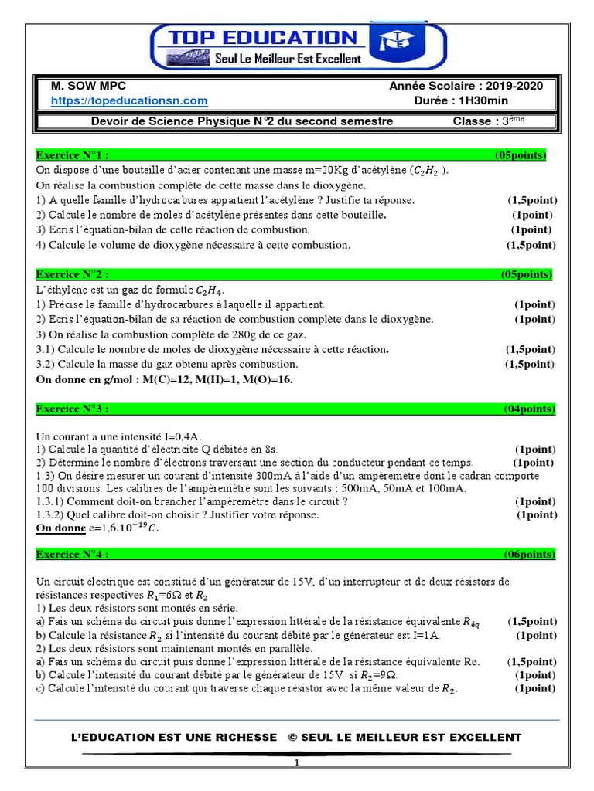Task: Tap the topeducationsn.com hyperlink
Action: coord(129,100)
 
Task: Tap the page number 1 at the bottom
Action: coord(295,763)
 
